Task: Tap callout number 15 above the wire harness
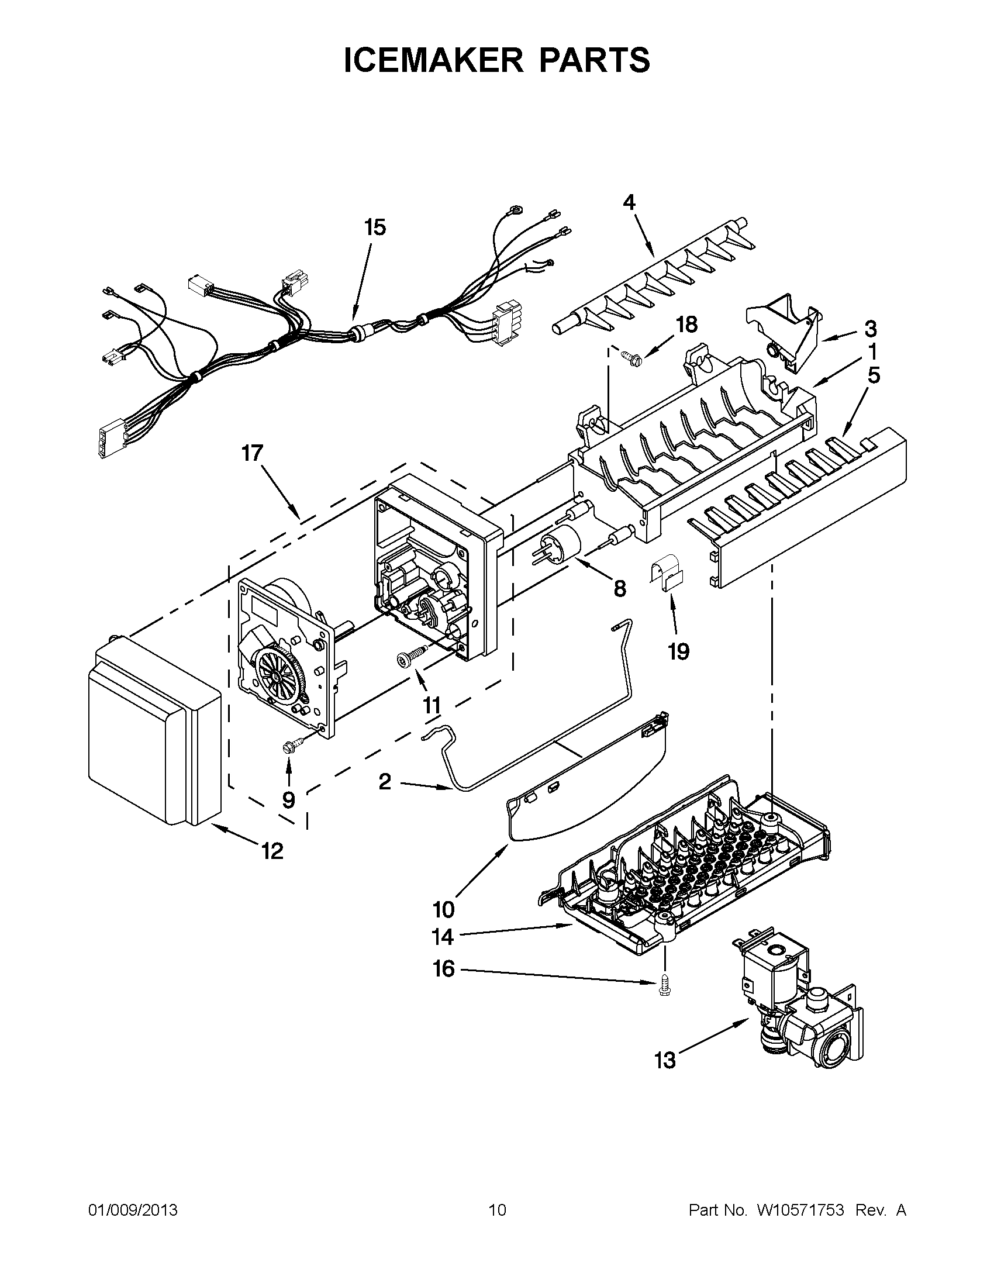[375, 227]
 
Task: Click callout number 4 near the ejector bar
[629, 203]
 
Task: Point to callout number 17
[252, 454]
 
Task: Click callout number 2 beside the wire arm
[384, 782]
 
